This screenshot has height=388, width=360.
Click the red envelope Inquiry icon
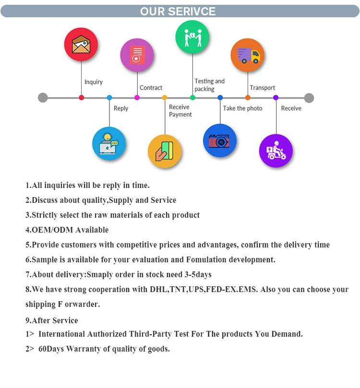81,45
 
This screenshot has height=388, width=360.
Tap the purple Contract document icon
137,55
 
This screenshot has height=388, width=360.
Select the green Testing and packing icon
192,37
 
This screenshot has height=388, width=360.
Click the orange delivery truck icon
248,55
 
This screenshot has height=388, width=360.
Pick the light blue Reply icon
109,143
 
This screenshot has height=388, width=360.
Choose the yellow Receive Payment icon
165,151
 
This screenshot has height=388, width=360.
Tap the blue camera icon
220,141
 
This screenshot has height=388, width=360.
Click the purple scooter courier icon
276,151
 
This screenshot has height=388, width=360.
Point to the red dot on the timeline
82,98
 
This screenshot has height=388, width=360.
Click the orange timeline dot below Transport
248,98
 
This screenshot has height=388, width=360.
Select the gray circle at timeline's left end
43,98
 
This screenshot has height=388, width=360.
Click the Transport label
263,88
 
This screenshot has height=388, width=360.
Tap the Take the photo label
242,108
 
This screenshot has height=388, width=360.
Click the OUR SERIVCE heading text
178,12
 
